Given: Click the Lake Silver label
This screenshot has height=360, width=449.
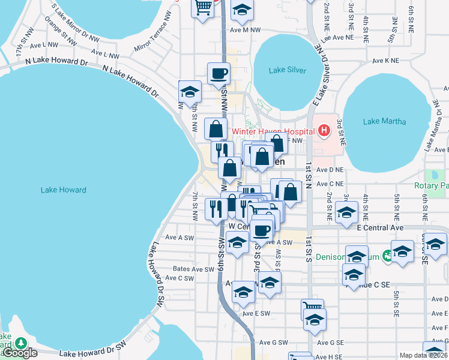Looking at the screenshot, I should [x=288, y=70].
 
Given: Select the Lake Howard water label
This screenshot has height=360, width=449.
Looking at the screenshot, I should [x=64, y=190].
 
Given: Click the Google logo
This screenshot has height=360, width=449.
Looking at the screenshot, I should [x=20, y=353].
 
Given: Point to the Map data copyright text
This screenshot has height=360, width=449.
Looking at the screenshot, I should [x=424, y=355].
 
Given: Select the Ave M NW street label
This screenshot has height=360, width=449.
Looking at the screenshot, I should [x=245, y=29].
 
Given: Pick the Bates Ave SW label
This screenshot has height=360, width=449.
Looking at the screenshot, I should [x=193, y=269].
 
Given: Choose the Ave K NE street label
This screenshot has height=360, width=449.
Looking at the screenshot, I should [x=385, y=61].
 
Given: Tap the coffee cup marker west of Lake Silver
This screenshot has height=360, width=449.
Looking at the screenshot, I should [x=218, y=74].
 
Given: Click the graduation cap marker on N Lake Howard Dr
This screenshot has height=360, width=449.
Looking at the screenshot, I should [x=190, y=92].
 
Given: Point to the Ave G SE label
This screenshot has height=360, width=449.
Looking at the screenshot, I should [x=331, y=343].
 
